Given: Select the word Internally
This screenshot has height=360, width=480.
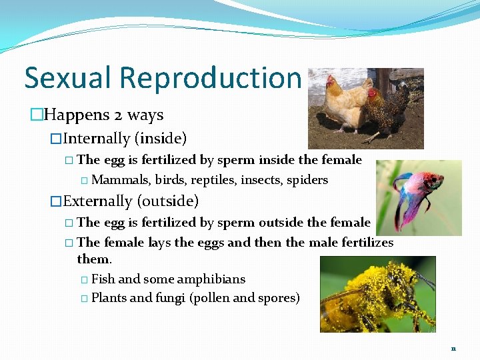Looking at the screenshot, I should pyautogui.click(x=96, y=139).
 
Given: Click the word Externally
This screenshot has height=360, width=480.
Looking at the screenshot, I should pyautogui.click(x=97, y=201).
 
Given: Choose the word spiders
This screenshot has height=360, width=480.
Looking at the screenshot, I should pyautogui.click(x=307, y=180).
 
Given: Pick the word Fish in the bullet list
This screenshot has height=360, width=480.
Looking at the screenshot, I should pyautogui.click(x=103, y=279).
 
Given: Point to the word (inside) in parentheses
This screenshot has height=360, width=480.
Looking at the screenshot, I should pyautogui.click(x=161, y=139).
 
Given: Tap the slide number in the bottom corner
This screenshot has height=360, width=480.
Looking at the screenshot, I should pyautogui.click(x=453, y=349).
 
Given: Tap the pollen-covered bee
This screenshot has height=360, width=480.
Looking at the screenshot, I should pyautogui.click(x=373, y=297).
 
